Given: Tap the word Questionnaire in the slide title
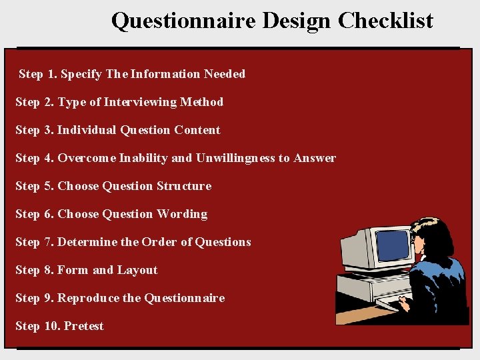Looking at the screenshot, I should tap(183, 21).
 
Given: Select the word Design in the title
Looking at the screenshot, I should tap(296, 21).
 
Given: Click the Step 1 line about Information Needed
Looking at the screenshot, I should tap(132, 74).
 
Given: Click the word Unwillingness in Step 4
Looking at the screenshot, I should tap(235, 158).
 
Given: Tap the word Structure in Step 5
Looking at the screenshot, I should tap(184, 186).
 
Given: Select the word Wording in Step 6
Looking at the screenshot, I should tap(182, 214).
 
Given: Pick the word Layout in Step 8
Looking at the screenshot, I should tap(137, 270).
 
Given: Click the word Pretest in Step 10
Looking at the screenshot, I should tap(84, 326).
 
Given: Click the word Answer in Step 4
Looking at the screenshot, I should tap(315, 158).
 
